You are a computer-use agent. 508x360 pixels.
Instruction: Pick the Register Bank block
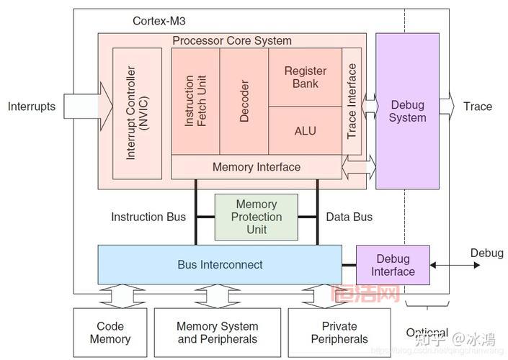click(x=305, y=78)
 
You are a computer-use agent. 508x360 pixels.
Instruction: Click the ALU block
click(x=305, y=130)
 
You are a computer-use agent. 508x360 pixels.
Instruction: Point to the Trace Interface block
click(x=352, y=102)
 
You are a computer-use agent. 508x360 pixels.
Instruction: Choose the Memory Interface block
click(x=256, y=167)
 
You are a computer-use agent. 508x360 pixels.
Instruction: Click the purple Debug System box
click(x=407, y=111)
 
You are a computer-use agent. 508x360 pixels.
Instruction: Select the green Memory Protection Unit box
click(x=256, y=217)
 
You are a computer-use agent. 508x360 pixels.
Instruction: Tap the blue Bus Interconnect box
click(x=220, y=264)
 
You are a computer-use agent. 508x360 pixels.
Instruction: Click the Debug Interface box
click(x=393, y=265)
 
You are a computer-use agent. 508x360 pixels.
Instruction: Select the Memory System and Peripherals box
click(x=217, y=333)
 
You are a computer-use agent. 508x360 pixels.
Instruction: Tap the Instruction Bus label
click(x=148, y=217)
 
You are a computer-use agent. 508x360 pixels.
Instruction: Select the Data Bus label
click(x=349, y=217)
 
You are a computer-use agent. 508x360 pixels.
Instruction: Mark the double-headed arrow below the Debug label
click(x=455, y=266)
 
